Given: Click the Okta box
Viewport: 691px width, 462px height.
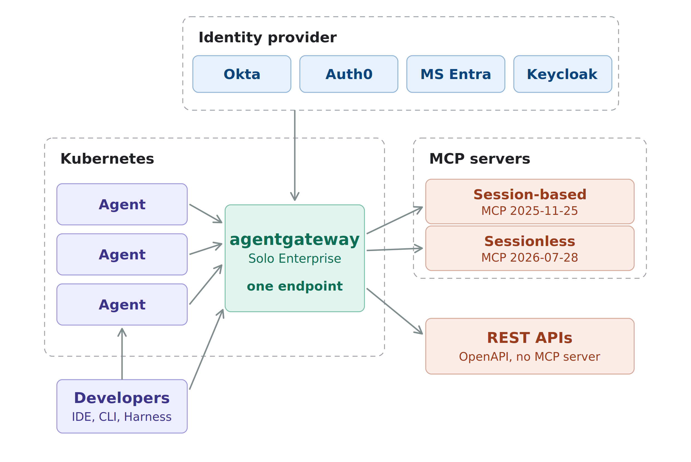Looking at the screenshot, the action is (x=242, y=74).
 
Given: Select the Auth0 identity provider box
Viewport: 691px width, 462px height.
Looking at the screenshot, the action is (x=349, y=74).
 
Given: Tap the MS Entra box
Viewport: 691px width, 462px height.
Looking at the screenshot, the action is (x=456, y=74).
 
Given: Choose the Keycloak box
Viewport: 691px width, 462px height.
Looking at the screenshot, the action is (x=563, y=74).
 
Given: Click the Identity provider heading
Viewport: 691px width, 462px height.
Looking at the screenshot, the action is (x=267, y=38).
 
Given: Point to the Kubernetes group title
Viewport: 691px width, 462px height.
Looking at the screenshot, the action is (x=107, y=159).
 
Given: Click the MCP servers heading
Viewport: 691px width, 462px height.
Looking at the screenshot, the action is (x=480, y=159).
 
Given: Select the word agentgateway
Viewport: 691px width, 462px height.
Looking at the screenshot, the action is (x=295, y=240).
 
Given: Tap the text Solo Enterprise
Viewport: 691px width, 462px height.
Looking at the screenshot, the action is (x=295, y=259).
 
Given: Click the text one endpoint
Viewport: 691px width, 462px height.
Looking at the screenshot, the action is (x=295, y=286).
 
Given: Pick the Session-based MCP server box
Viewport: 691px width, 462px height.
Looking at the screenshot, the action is (x=530, y=201).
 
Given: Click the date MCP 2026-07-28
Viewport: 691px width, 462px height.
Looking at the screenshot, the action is (x=530, y=258).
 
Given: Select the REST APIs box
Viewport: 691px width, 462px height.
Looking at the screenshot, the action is (x=530, y=346).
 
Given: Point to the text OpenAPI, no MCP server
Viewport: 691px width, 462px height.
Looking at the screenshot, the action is (x=530, y=357).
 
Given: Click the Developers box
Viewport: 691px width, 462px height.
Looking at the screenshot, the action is (x=122, y=406).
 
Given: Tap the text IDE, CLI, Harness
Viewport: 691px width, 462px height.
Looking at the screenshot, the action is (x=122, y=417).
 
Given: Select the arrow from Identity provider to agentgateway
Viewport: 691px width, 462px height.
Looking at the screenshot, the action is (x=295, y=155).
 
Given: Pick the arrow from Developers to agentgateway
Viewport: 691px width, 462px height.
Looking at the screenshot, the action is (x=206, y=350).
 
